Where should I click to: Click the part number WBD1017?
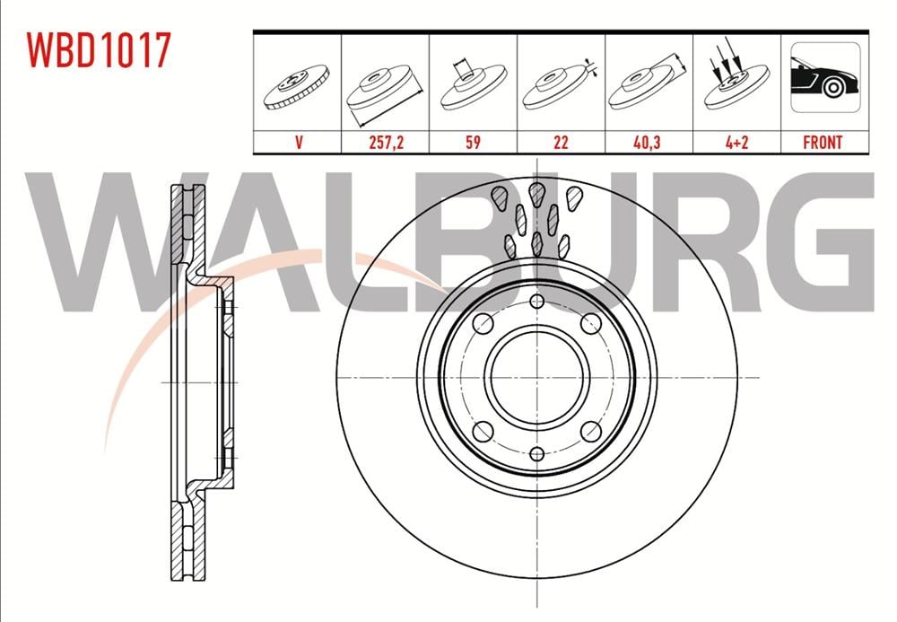(99, 50)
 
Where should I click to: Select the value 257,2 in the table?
(386, 142)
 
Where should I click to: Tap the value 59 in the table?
(473, 142)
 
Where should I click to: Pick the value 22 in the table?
(562, 142)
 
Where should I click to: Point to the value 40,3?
(648, 142)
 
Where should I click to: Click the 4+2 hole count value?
(736, 142)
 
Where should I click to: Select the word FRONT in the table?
(823, 142)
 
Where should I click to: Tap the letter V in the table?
(298, 142)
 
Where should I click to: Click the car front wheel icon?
(825, 77)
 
